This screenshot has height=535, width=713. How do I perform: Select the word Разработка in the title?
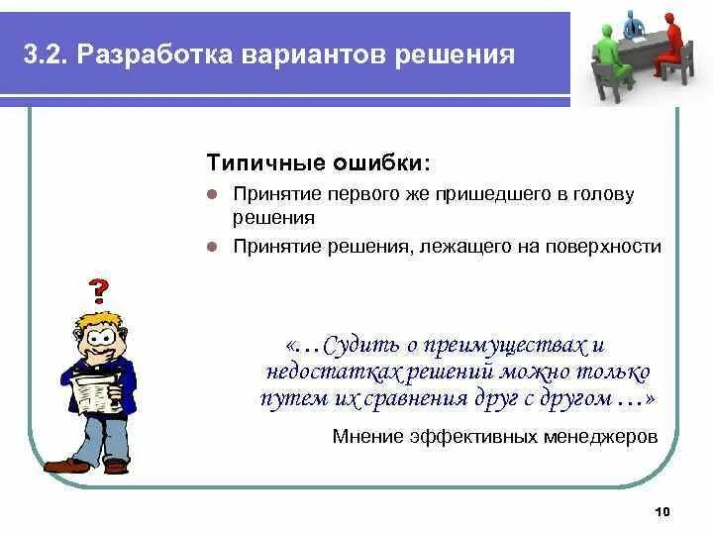(154, 55)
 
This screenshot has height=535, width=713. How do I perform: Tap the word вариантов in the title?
(313, 55)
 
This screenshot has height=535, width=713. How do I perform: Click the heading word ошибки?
(381, 162)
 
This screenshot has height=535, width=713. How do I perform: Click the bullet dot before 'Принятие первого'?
(212, 195)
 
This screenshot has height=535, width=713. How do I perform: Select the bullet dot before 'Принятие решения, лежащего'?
(212, 247)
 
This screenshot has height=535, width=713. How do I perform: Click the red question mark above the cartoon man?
(99, 290)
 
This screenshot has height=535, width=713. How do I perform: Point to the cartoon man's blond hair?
(98, 321)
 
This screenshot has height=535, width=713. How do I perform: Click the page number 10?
(662, 512)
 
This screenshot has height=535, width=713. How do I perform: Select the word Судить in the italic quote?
(362, 346)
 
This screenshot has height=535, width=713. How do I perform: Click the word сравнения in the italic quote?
(416, 399)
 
